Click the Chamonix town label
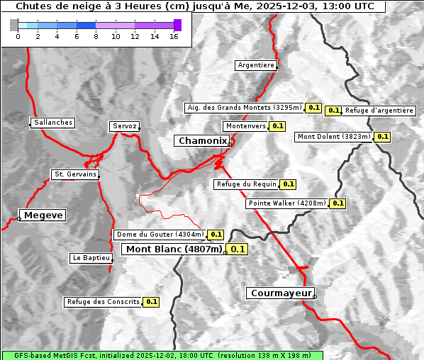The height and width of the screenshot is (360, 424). (x=202, y=141)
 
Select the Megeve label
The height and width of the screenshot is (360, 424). (x=43, y=215)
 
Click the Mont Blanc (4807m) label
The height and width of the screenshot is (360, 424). (x=174, y=249)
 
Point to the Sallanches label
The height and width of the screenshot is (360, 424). (x=53, y=123)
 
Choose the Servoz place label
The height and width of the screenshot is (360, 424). (x=125, y=126)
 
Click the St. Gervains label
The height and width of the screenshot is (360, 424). (x=75, y=174)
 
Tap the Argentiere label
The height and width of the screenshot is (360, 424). (x=256, y=65)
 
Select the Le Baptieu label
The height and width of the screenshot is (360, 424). (x=91, y=258)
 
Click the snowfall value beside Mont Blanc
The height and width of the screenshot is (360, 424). (x=238, y=249)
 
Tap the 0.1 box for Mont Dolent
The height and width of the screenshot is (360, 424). (x=383, y=137)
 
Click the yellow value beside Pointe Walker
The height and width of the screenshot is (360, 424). (x=338, y=203)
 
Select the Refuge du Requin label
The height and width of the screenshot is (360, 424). (x=247, y=184)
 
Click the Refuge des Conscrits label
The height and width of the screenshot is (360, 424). (x=104, y=302)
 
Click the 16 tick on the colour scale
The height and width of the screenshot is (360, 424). (x=174, y=36)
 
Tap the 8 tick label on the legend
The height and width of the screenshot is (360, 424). (x=96, y=36)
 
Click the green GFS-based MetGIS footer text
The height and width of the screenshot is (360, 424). (x=162, y=355)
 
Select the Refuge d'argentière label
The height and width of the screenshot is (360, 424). (x=379, y=110)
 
